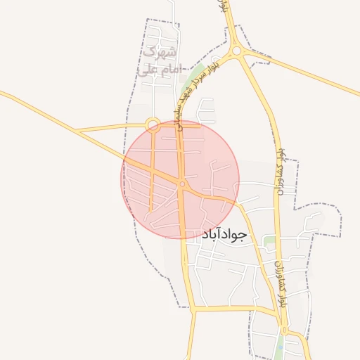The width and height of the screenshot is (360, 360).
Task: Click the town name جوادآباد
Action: click(225, 234)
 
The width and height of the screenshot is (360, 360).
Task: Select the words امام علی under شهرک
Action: click(159, 70)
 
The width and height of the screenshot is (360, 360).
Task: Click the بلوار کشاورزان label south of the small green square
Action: click(281, 281)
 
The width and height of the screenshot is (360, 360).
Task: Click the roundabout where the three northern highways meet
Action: click(237, 51)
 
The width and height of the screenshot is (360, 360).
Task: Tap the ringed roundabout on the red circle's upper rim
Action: click(153, 125)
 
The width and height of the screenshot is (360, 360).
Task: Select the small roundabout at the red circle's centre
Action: click(181, 185)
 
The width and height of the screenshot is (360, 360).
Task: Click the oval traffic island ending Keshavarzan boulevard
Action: click(283, 330)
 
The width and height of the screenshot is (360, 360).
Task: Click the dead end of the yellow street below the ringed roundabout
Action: click(151, 209)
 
